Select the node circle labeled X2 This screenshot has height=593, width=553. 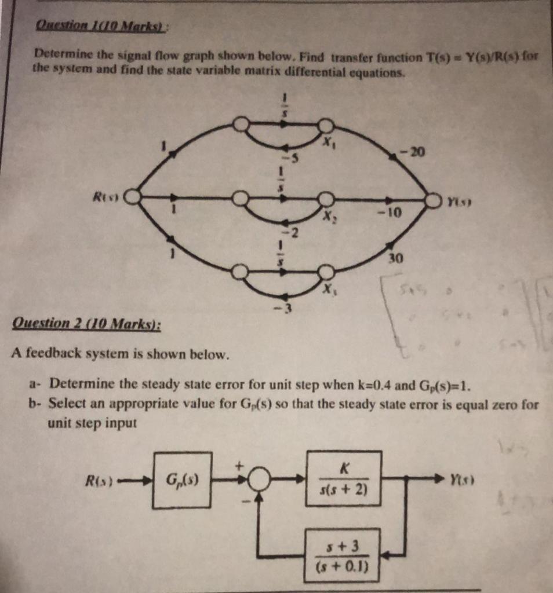coord(326,200)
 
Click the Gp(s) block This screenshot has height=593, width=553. coord(181,480)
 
